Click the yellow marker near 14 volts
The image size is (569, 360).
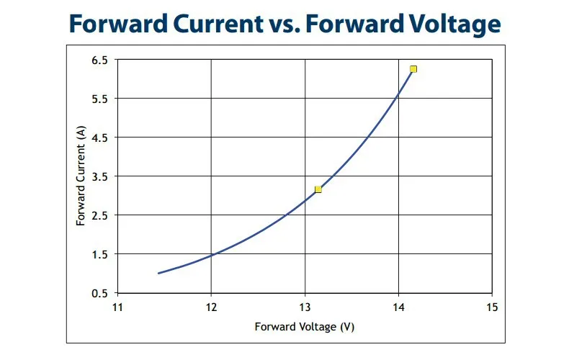point(413,69)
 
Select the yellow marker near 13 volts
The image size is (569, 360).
point(318,189)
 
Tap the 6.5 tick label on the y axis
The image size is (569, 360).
point(100,60)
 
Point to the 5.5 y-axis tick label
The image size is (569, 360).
point(100,99)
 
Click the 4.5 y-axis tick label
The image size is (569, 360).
point(100,138)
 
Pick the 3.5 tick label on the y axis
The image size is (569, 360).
point(100,176)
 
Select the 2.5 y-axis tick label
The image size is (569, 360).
point(100,215)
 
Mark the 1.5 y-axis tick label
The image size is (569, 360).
point(100,254)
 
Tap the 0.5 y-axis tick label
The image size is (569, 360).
point(100,293)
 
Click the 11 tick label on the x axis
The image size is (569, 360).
point(117,307)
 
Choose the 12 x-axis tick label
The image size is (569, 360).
point(211,307)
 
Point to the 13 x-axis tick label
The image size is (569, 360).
point(305,307)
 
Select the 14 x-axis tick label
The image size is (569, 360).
point(398,307)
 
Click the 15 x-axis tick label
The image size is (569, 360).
point(492,307)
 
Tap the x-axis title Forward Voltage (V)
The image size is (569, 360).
point(305,327)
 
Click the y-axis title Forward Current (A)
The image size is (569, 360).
point(81,176)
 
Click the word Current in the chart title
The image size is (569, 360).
point(218,24)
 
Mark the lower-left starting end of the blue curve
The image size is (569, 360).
point(158,274)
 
